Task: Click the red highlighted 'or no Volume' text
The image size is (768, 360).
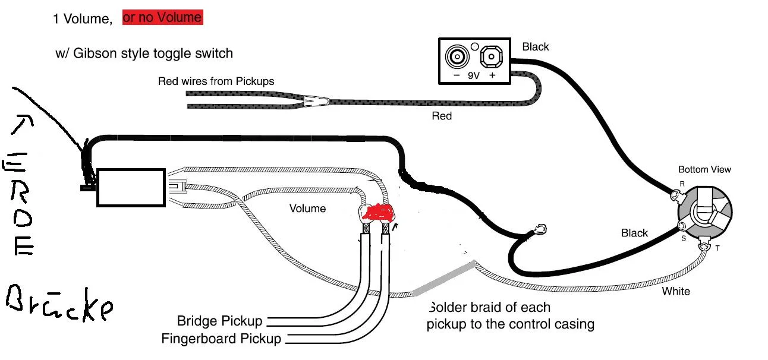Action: (x=162, y=18)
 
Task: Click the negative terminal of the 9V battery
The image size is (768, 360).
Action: (x=457, y=58)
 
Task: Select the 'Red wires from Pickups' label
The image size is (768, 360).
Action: (x=216, y=81)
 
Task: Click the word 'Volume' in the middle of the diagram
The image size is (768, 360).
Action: (x=307, y=209)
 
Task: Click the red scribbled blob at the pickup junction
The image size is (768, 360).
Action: (x=378, y=213)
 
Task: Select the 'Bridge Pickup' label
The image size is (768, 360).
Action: (x=219, y=321)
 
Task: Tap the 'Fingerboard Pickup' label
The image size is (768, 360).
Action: (x=221, y=339)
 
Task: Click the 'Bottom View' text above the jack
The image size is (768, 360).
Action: (x=704, y=170)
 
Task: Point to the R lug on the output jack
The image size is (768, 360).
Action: (x=675, y=194)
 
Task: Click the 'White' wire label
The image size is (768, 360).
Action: (x=676, y=291)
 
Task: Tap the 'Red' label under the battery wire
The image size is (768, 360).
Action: (x=441, y=116)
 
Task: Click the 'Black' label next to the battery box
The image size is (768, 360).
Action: (x=535, y=47)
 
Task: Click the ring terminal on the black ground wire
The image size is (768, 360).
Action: (x=540, y=229)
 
